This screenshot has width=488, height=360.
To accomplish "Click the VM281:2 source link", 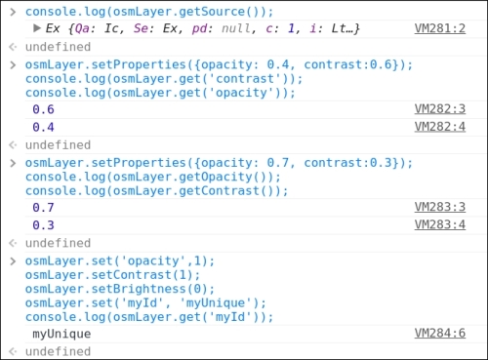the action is (x=440, y=30).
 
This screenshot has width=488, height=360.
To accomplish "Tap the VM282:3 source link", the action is (x=440, y=110).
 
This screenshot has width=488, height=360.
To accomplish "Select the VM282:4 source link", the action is (x=440, y=127).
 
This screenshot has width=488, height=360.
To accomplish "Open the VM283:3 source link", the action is (x=440, y=208).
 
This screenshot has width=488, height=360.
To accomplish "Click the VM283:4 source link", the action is (x=440, y=224).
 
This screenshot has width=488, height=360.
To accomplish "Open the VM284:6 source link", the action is (x=440, y=334).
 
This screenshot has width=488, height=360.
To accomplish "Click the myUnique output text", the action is (x=61, y=334).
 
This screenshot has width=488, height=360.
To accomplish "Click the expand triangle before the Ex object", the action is (x=37, y=30).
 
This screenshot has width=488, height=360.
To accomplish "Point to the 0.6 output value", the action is (x=43, y=110).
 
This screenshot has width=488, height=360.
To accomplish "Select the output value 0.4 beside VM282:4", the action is (x=43, y=127).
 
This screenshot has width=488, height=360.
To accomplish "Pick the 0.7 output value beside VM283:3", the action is (x=43, y=208).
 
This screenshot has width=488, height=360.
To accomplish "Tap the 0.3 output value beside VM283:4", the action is (x=43, y=224).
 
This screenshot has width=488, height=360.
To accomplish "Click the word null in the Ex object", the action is (x=251, y=30).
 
